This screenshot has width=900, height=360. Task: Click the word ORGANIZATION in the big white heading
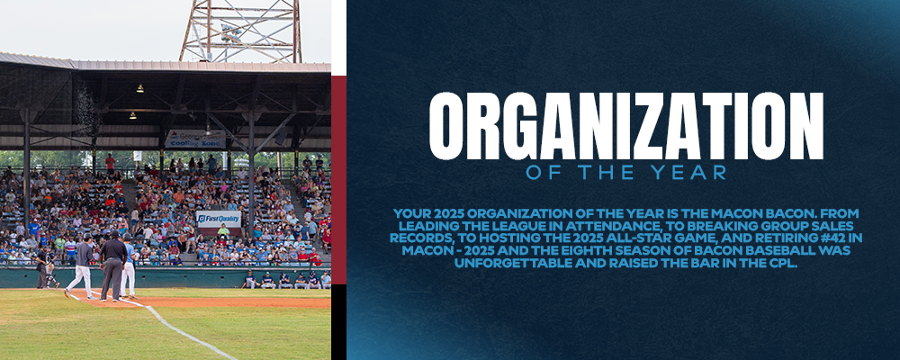coord(625,126)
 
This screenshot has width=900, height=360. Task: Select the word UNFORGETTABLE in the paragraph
coord(506,263)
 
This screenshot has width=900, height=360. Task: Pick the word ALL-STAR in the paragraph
coord(645,238)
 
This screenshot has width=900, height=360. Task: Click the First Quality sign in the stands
coord(219,219)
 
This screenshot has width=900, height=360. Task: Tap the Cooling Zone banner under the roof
coord(195,139)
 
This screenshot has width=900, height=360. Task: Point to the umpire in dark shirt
coord(112,265)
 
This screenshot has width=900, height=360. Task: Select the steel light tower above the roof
coord(240,31)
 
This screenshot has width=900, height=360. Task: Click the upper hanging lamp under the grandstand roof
coord(139,88)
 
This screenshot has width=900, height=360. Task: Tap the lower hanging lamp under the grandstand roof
coord(132,115)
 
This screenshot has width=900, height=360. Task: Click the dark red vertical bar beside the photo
coord(338,179)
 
